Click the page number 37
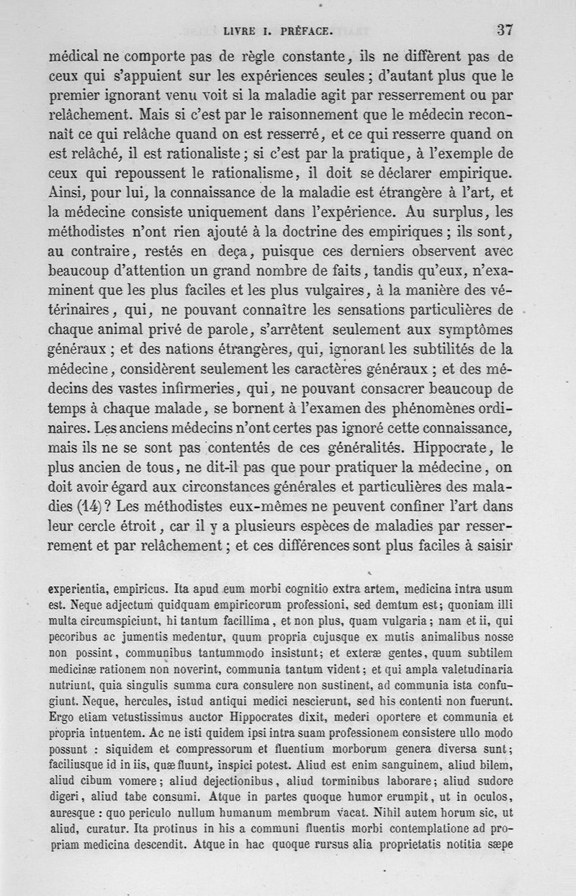click(x=504, y=30)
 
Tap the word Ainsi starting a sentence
click(x=66, y=192)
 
